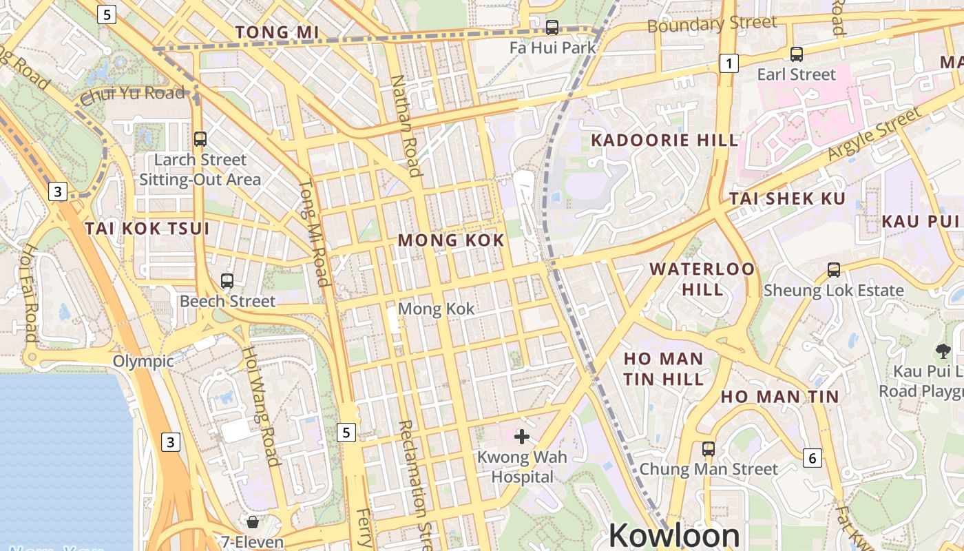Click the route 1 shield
click(x=729, y=63)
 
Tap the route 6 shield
click(x=813, y=457)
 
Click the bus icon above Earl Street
click(x=797, y=54)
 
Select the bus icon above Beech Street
click(x=227, y=281)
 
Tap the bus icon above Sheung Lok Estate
click(x=834, y=270)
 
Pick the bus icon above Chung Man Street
click(x=709, y=449)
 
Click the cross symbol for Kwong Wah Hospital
click(x=522, y=436)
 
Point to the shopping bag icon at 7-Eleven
click(x=253, y=522)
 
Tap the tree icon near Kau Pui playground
click(x=943, y=351)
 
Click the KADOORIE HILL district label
click(x=664, y=141)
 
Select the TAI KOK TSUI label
click(x=147, y=229)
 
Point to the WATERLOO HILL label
click(x=702, y=278)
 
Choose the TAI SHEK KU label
click(x=787, y=199)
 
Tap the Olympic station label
click(x=143, y=362)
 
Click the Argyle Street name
click(x=874, y=134)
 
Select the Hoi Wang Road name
click(x=260, y=406)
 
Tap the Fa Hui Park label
click(x=553, y=48)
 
